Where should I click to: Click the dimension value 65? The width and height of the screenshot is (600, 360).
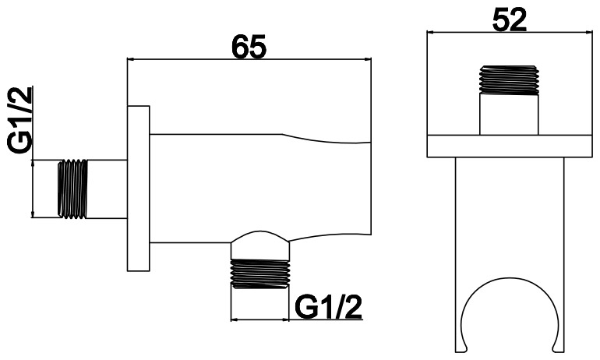click(249, 47)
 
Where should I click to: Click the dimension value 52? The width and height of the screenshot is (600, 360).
click(509, 19)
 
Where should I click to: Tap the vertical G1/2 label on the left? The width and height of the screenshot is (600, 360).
click(19, 120)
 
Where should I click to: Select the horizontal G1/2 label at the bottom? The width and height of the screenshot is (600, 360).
click(328, 307)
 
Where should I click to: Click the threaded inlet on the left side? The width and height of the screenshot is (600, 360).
click(72, 189)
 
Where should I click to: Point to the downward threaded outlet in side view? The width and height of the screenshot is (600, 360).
click(260, 274)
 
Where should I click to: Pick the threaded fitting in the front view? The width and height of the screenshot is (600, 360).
click(509, 80)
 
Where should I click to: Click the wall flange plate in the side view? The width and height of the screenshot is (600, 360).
click(138, 189)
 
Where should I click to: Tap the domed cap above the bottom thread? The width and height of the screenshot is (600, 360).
click(260, 245)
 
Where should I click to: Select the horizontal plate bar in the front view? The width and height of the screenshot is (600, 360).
click(510, 146)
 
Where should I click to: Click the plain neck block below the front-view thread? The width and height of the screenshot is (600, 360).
click(509, 115)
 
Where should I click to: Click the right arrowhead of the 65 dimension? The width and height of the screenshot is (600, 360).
click(368, 59)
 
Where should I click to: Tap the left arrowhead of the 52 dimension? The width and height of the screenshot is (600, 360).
click(430, 33)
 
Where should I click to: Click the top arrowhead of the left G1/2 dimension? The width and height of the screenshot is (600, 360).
click(34, 164)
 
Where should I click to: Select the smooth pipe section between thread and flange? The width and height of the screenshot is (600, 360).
click(108, 189)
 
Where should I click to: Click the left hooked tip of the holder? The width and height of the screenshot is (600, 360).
click(461, 349)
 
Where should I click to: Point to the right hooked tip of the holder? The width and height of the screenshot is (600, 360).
click(558, 349)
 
